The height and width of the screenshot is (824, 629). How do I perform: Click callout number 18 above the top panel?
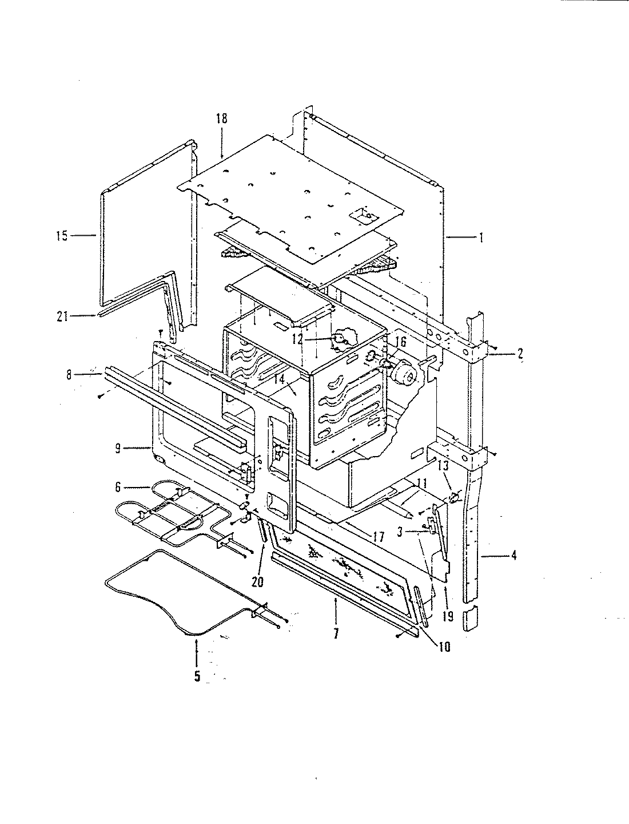pos(221,118)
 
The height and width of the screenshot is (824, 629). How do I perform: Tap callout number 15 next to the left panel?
pos(62,235)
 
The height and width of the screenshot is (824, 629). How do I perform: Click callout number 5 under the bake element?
pos(197,676)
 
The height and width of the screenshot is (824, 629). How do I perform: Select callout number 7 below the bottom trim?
pos(336,634)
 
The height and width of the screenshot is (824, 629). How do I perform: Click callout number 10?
pos(445,647)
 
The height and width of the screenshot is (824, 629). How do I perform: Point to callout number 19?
pos(447,616)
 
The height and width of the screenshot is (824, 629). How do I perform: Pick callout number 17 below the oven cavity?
pos(377,537)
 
